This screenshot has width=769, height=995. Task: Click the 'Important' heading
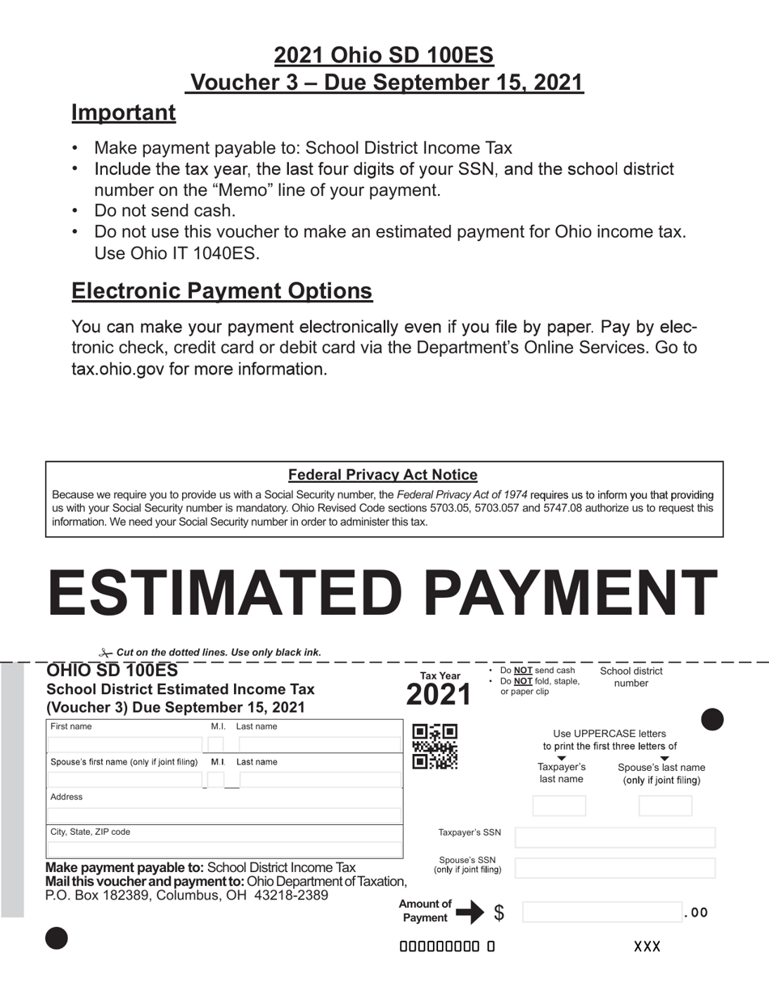coord(123,112)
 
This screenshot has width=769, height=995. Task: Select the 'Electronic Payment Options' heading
coord(222,291)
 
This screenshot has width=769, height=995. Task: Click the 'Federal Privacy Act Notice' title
coord(383,475)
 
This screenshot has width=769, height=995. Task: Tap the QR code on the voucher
coord(435,747)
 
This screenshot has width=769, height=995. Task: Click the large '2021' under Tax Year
coord(438,695)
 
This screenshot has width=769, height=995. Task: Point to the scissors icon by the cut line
coord(105,653)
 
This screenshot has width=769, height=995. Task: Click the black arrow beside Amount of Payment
coord(469,912)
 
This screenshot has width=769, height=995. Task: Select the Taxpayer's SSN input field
coord(615,837)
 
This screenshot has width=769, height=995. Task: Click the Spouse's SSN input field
coord(615,868)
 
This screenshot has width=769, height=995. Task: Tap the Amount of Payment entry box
coord(602,912)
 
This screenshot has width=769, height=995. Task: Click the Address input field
coord(224,815)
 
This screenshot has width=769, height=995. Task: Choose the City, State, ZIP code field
coord(224,849)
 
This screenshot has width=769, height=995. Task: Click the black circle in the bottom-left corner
coord(57,938)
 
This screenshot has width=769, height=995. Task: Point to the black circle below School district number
coord(712,719)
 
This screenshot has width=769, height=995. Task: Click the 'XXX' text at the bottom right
coord(647,946)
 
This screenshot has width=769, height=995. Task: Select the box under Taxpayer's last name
coord(559,806)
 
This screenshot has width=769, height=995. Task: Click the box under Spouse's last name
coord(665,806)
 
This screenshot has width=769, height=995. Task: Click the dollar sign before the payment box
coord(499,912)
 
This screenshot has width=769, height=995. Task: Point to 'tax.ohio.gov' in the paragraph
coord(118,369)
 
